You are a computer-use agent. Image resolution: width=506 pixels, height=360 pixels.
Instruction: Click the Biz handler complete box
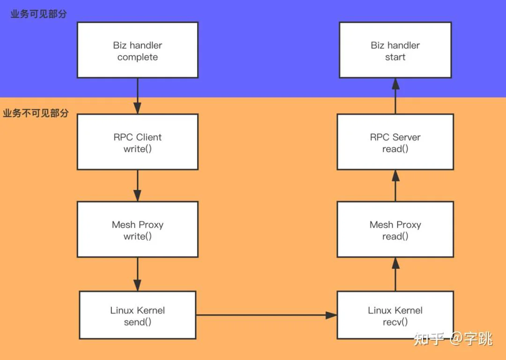[x=137, y=50]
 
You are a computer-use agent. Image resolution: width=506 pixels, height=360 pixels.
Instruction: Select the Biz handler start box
[x=395, y=50]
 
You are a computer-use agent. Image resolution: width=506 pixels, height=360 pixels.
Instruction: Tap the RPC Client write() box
[x=137, y=142]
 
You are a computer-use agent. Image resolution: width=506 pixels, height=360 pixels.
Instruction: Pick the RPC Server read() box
[x=395, y=142]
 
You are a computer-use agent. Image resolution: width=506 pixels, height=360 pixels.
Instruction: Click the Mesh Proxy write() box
[x=137, y=229]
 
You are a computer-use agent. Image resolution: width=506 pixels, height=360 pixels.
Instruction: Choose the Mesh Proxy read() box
[x=395, y=229]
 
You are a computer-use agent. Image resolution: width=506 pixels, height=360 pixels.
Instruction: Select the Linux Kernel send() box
[x=137, y=315]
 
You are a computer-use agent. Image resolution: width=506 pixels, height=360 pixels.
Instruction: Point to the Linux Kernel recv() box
[x=395, y=315]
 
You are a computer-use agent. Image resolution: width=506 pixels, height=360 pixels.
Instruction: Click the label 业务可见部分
[x=39, y=14]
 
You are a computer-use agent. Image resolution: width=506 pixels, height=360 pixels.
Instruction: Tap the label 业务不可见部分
[x=36, y=113]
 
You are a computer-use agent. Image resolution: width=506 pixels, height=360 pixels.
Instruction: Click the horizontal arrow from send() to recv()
[x=267, y=315]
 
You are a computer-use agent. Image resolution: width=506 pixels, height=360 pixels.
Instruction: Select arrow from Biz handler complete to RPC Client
[x=137, y=96]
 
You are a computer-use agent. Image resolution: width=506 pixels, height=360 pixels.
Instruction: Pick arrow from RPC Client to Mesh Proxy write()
[x=137, y=186]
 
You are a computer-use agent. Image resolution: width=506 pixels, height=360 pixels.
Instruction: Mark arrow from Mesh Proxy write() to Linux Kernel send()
[x=137, y=274]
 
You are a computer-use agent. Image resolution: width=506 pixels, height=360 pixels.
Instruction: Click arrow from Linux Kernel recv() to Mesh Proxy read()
[x=395, y=274]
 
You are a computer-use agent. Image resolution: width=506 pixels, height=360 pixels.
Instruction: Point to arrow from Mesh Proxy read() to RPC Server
[x=395, y=185]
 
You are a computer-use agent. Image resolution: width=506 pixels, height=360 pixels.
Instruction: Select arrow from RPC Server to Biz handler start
[x=395, y=96]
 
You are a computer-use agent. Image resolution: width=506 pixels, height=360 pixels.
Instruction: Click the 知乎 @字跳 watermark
[x=453, y=339]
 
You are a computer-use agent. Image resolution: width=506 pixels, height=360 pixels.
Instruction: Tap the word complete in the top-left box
[x=137, y=58]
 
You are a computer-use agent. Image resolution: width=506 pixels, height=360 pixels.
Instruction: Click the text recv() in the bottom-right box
[x=395, y=322]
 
